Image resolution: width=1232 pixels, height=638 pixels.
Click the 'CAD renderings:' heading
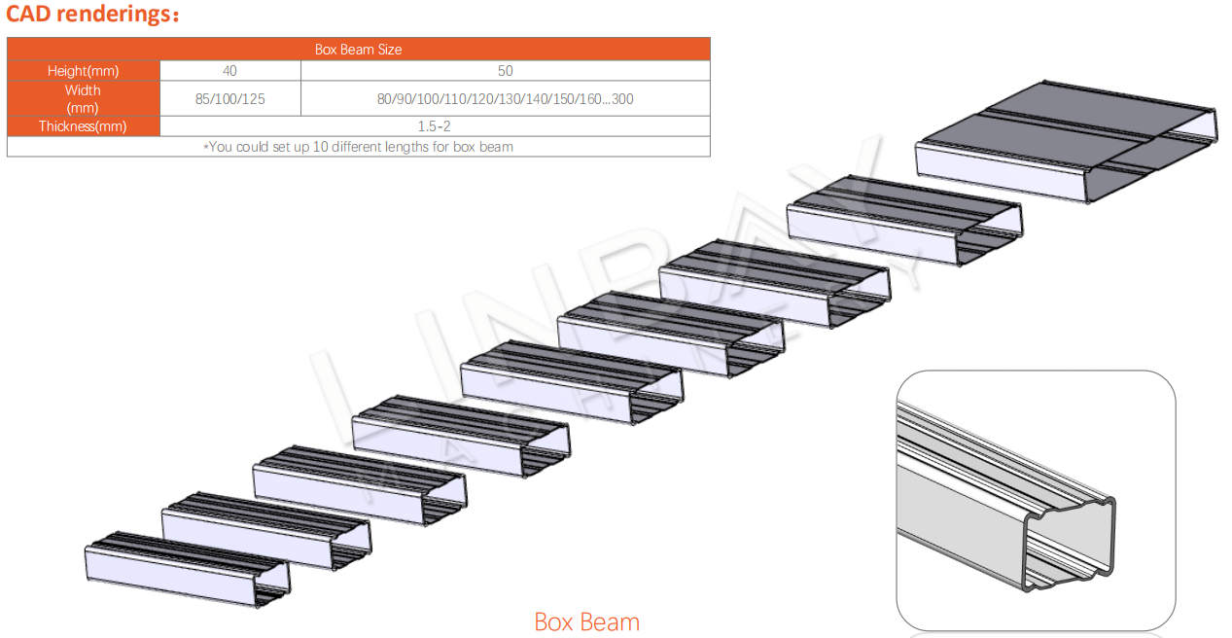(92, 14)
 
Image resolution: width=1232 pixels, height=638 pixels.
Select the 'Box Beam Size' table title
(358, 50)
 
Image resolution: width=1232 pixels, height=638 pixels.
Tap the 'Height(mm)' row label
(83, 71)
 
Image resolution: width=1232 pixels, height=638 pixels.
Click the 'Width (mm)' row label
(83, 99)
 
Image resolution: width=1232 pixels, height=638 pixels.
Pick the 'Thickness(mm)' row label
(83, 126)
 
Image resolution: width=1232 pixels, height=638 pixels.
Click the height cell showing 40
(229, 71)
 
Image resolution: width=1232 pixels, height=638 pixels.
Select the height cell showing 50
(505, 71)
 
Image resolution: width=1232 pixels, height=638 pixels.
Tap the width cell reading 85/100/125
(229, 99)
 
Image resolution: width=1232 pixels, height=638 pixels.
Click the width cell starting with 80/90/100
(505, 99)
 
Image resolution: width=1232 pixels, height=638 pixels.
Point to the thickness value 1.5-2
(434, 126)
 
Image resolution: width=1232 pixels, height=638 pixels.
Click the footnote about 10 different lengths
(358, 147)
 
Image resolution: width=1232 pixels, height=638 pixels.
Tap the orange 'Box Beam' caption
(587, 622)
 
